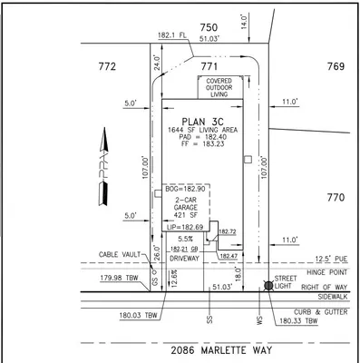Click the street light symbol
(x=269, y=286)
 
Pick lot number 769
(x=336, y=66)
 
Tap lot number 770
(x=336, y=196)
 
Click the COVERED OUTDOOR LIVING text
(x=219, y=88)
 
